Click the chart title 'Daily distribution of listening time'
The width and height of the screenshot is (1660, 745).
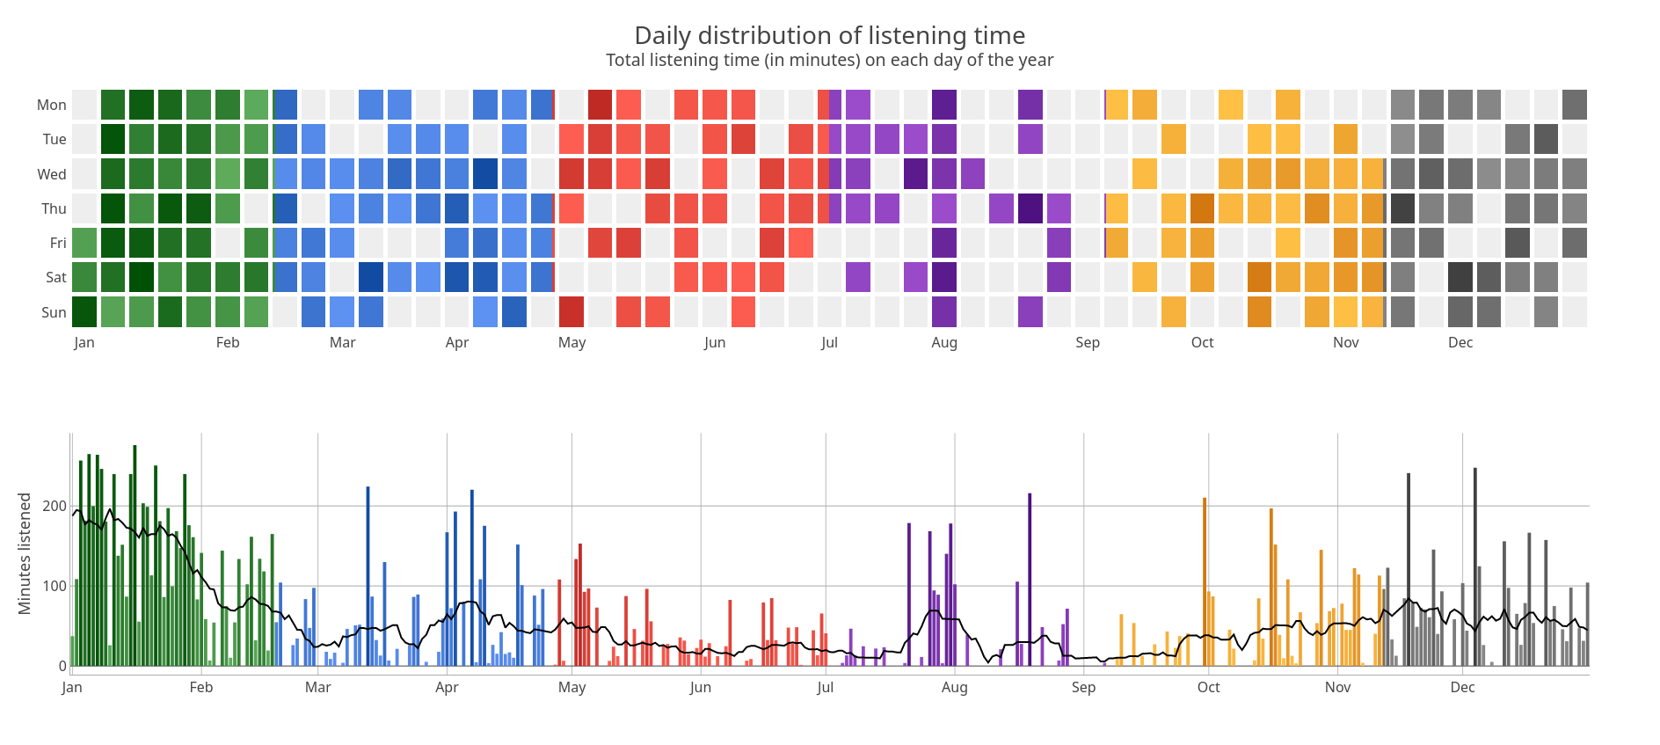pyautogui.click(x=829, y=35)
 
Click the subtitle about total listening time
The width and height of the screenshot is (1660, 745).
pyautogui.click(x=829, y=60)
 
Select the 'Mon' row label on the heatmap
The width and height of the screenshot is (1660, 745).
pyautogui.click(x=51, y=105)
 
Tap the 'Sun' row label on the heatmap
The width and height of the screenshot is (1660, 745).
pyautogui.click(x=53, y=312)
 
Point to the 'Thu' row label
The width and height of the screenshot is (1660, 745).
pyautogui.click(x=53, y=208)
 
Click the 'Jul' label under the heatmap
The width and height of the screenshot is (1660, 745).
pyautogui.click(x=829, y=342)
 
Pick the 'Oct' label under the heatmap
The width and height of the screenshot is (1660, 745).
pyautogui.click(x=1202, y=342)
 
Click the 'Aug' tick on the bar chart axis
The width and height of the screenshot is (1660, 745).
pyautogui.click(x=954, y=687)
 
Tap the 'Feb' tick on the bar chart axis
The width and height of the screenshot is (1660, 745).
pyautogui.click(x=201, y=687)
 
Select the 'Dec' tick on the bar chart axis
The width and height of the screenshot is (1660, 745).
pyautogui.click(x=1462, y=687)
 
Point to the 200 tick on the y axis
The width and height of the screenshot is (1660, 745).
pyautogui.click(x=55, y=506)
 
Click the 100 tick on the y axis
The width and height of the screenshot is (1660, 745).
pyautogui.click(x=55, y=586)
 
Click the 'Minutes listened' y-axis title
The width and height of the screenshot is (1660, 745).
pyautogui.click(x=25, y=553)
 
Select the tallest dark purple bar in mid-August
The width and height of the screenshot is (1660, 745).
pyautogui.click(x=1030, y=581)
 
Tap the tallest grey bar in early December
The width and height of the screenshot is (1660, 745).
pyautogui.click(x=1475, y=567)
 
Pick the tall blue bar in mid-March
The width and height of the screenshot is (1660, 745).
pyautogui.click(x=368, y=576)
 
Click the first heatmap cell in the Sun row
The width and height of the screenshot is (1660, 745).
pyautogui.click(x=84, y=312)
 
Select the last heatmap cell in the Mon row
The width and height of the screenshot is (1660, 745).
pyautogui.click(x=1575, y=105)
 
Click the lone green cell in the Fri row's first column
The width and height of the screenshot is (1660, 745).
pyautogui.click(x=84, y=243)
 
